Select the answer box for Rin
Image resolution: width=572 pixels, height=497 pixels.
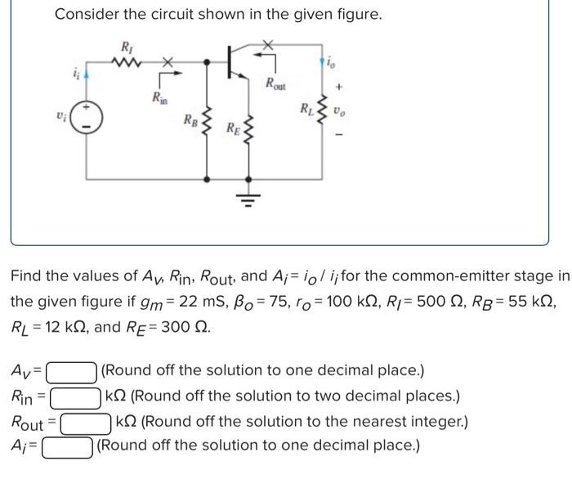pos(78,398)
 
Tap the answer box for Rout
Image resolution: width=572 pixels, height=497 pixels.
pos(85,423)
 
